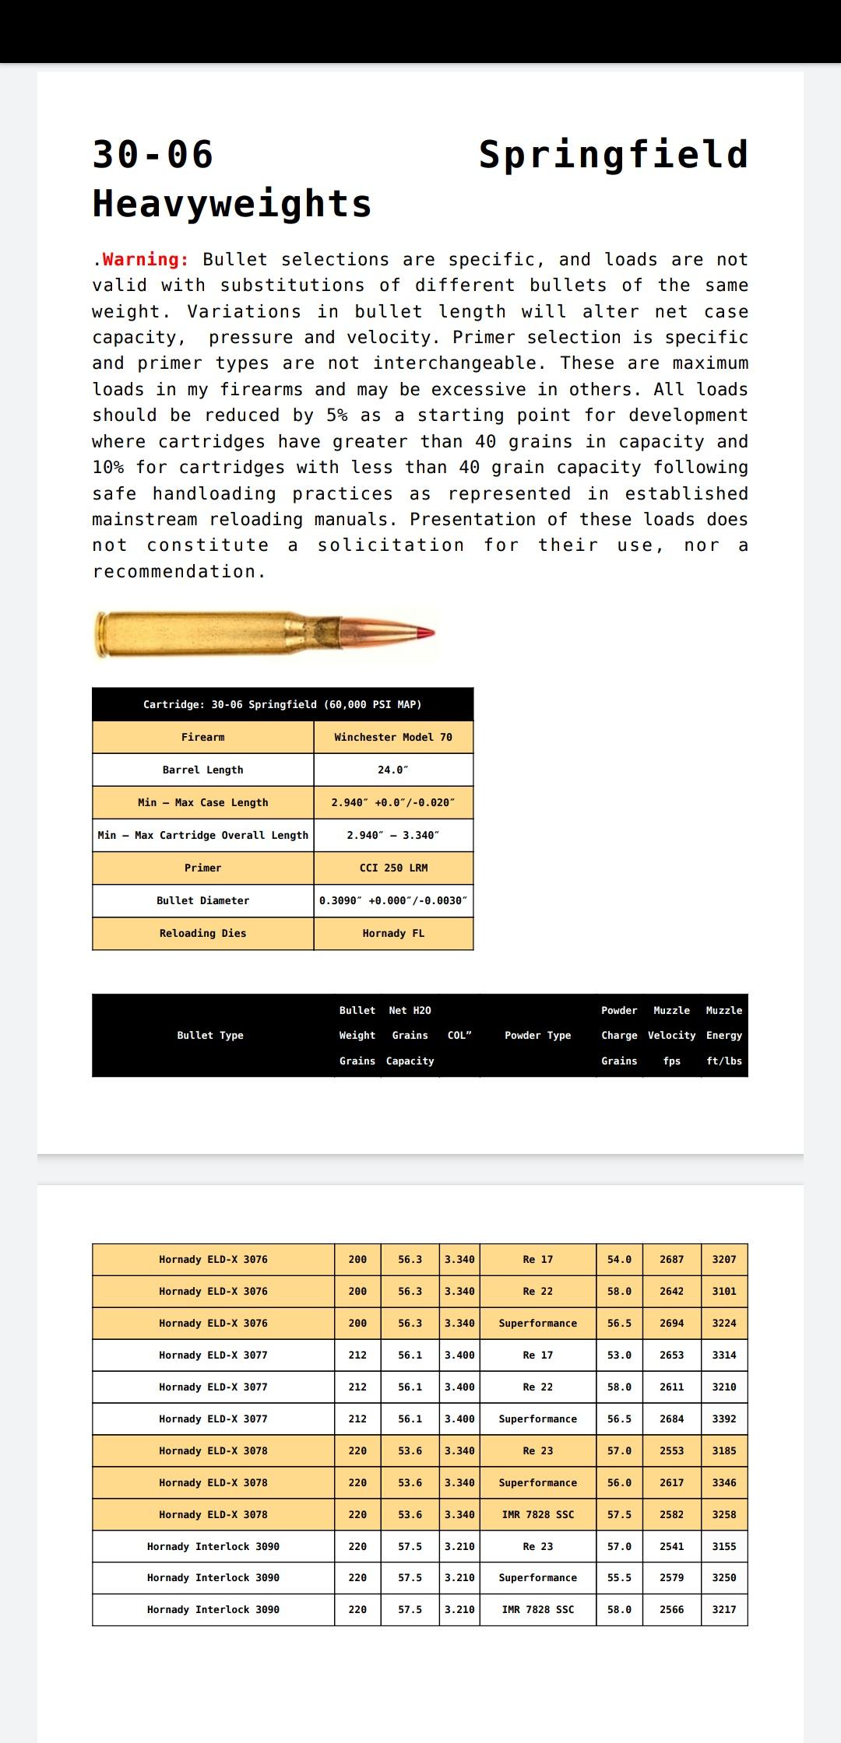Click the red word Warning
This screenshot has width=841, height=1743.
tap(146, 260)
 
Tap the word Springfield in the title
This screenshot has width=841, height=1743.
tap(613, 155)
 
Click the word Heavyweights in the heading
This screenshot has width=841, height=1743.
tap(231, 204)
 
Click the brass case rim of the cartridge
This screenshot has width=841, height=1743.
tap(100, 634)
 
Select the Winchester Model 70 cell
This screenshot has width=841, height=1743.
tap(393, 737)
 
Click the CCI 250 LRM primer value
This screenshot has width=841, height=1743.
tap(393, 868)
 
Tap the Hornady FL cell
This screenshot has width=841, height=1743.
tap(393, 933)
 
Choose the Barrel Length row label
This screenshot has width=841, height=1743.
tap(202, 770)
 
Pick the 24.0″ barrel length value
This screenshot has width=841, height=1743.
tap(393, 770)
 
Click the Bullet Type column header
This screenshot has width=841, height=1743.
tap(210, 1035)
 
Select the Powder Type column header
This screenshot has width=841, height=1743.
tap(537, 1035)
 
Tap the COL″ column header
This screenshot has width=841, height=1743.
tap(459, 1035)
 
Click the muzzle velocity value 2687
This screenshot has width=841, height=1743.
tap(671, 1259)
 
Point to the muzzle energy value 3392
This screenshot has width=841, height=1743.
tap(723, 1419)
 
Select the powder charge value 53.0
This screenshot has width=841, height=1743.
tap(619, 1355)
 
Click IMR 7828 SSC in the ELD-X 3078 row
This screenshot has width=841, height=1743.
tap(537, 1514)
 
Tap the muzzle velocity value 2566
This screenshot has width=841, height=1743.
tap(671, 1609)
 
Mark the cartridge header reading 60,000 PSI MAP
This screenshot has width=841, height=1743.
tap(282, 704)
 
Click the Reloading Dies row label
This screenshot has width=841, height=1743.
tap(202, 933)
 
